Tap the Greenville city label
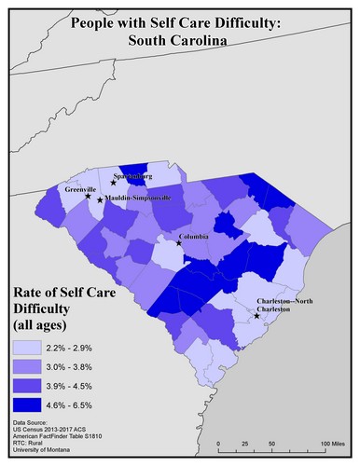point(69,189)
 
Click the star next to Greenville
point(88,196)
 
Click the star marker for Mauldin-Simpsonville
point(99,199)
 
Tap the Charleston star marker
point(256,316)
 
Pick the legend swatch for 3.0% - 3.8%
point(33,367)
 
